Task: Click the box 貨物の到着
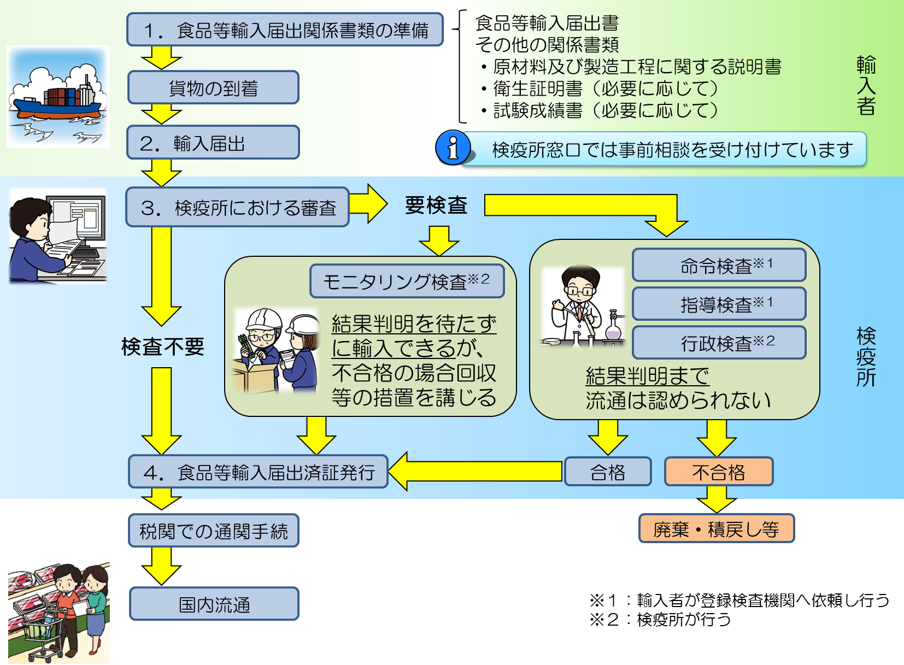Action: click(x=213, y=87)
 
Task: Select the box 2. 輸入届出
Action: click(x=213, y=143)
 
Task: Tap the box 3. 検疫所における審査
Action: click(x=237, y=207)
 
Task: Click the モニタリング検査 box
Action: click(x=407, y=281)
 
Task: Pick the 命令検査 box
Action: click(x=719, y=266)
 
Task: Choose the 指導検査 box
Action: click(x=719, y=304)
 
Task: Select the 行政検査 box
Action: click(x=719, y=343)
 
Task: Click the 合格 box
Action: click(x=607, y=472)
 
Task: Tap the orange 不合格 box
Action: click(x=718, y=472)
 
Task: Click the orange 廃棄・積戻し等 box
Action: click(x=716, y=528)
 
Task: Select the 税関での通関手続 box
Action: click(x=213, y=531)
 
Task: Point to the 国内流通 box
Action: click(x=214, y=604)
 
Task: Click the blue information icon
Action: click(x=453, y=148)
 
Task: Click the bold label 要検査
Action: click(x=436, y=205)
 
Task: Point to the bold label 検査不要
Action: click(x=162, y=346)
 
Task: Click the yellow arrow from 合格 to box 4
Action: click(x=476, y=471)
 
